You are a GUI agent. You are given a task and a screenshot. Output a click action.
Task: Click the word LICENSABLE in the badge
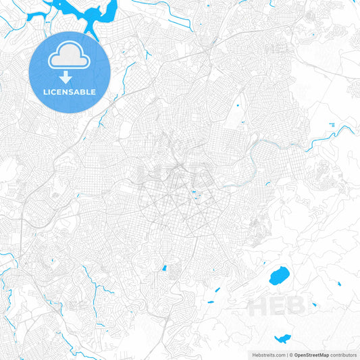pyautogui.click(x=70, y=91)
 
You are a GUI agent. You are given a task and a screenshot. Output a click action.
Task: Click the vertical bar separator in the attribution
pyautogui.click(x=288, y=355)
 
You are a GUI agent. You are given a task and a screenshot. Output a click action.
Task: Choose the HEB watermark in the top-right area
pyautogui.click(x=278, y=49)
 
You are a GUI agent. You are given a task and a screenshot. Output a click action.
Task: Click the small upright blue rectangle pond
pyautogui.click(x=163, y=267)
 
